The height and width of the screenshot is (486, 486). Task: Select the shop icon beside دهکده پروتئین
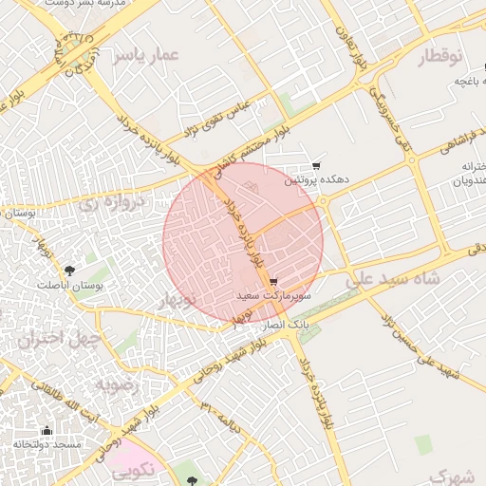[316, 165]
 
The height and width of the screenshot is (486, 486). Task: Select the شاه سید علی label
[390, 280]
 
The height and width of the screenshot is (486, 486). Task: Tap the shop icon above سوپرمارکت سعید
[273, 282]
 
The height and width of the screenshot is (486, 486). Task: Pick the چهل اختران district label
[45, 340]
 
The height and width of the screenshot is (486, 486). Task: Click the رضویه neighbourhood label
[116, 385]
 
